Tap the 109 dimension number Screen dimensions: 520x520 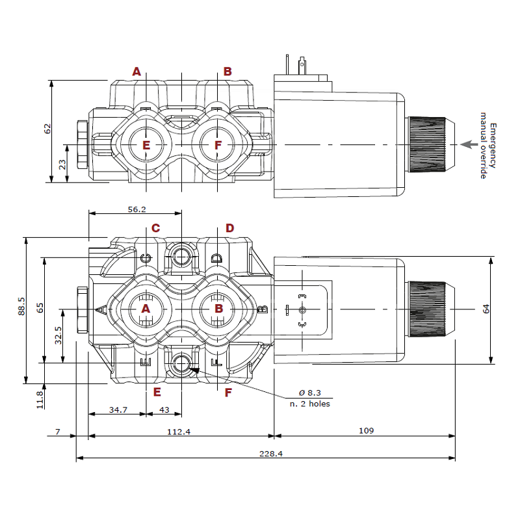click(366, 431)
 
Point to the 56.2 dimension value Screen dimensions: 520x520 click(136, 209)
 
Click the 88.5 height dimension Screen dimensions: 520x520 click(21, 309)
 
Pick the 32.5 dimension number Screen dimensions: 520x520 click(58, 336)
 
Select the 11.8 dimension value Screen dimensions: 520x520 click(40, 398)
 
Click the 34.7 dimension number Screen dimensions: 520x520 click(118, 409)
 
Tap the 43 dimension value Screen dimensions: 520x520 click(164, 409)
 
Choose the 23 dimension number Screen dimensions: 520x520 click(62, 164)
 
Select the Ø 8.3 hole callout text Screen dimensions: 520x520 click(310, 393)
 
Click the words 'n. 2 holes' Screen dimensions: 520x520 click(310, 404)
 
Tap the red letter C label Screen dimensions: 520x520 click(156, 228)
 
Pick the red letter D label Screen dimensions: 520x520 click(229, 228)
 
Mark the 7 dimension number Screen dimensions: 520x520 click(58, 431)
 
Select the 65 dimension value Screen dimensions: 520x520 click(40, 307)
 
